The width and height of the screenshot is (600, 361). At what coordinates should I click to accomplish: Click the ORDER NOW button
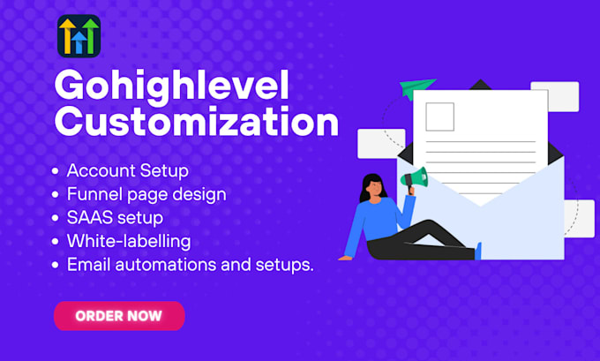119,315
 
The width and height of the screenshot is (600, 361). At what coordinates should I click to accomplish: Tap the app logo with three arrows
79,36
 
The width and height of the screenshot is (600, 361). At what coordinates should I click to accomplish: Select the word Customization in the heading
196,122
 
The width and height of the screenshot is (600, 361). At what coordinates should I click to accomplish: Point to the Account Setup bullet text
127,170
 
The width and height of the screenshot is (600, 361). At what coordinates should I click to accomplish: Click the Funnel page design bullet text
146,193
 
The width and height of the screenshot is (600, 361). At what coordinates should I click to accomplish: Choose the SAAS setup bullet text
115,216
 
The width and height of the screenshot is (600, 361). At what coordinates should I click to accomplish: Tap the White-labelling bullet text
128,240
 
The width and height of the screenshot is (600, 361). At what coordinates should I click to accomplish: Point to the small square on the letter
439,116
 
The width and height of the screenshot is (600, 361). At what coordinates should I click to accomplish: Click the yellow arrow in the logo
67,36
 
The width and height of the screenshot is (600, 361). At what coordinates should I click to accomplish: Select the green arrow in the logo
90,35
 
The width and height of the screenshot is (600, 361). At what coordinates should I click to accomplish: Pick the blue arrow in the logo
79,41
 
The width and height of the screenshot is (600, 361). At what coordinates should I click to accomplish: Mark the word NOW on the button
146,315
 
